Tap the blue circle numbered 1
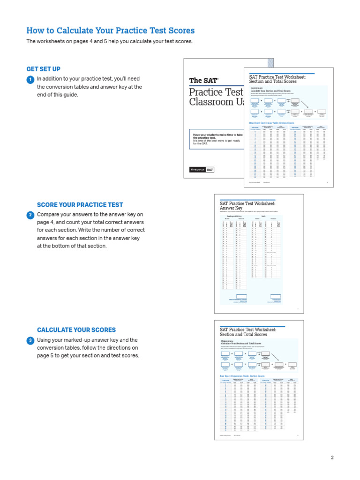point(30,80)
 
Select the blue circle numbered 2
point(30,215)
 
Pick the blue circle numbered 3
point(30,341)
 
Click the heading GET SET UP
point(43,69)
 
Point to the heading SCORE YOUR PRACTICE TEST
point(80,205)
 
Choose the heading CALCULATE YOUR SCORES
point(76,330)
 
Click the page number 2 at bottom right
point(332,457)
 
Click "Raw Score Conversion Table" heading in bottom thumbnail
point(242,375)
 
